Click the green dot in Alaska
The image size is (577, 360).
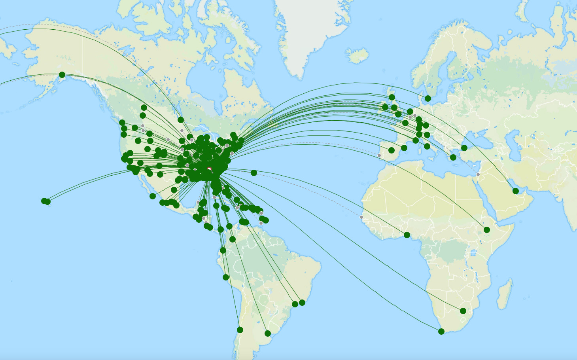pyautogui.click(x=62, y=75)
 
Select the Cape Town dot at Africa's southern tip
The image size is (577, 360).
pyautogui.click(x=441, y=332)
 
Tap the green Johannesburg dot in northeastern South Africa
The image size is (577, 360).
pyautogui.click(x=463, y=311)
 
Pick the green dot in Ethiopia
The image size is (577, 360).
pyautogui.click(x=487, y=230)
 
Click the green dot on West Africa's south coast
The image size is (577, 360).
pyautogui.click(x=407, y=235)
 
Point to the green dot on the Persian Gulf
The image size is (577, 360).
pyautogui.click(x=516, y=191)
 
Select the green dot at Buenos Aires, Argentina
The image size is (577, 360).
pyautogui.click(x=268, y=333)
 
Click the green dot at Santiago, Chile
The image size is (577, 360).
pyautogui.click(x=240, y=330)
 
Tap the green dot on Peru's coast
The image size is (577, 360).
pyautogui.click(x=226, y=277)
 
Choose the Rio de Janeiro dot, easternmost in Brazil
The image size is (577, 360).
pyautogui.click(x=302, y=303)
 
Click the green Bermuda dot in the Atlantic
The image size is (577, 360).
pyautogui.click(x=254, y=173)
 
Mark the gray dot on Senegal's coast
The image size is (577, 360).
pyautogui.click(x=361, y=217)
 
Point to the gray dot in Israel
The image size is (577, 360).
pyautogui.click(x=478, y=174)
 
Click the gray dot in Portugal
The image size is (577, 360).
pyautogui.click(x=379, y=155)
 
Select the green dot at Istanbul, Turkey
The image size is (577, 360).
pyautogui.click(x=464, y=148)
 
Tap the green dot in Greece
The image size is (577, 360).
pyautogui.click(x=453, y=157)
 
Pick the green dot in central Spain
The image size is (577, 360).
pyautogui.click(x=392, y=150)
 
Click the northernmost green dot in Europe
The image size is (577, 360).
pyautogui.click(x=428, y=99)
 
